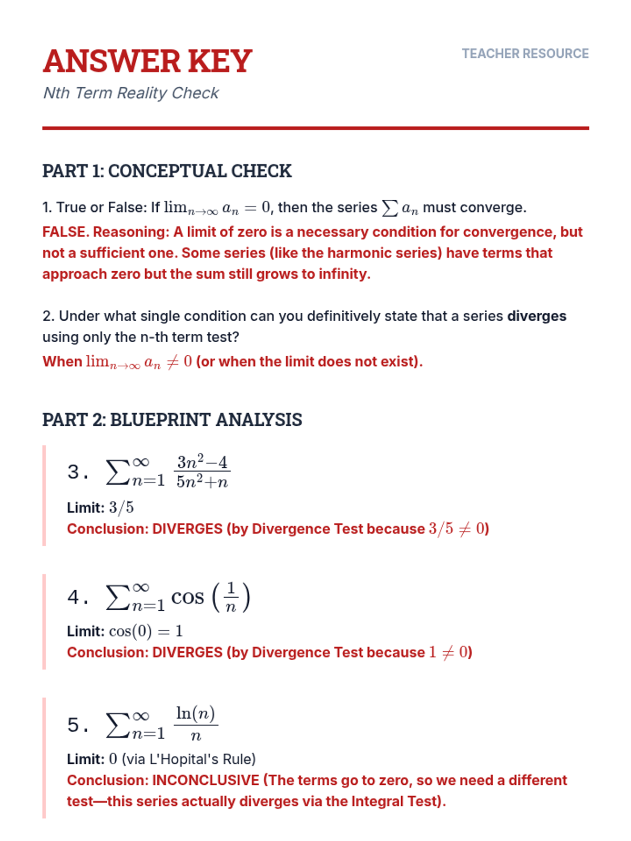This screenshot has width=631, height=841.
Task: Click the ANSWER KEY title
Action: [x=147, y=61]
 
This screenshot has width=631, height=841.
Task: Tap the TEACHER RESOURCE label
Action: [x=525, y=54]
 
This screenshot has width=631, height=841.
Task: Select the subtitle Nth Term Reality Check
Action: [x=130, y=93]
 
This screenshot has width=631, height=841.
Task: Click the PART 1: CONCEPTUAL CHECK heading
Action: [x=167, y=171]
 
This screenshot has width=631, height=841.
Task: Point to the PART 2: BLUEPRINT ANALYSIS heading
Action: [x=172, y=419]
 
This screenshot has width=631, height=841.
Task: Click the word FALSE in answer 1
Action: [x=64, y=232]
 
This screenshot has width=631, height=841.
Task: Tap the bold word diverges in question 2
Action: [x=536, y=316]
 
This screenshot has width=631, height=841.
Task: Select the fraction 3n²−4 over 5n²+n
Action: [x=202, y=471]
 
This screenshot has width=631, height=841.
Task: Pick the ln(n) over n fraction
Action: [x=196, y=723]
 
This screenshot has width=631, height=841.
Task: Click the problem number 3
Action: [x=74, y=471]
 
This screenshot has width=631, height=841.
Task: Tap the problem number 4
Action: [x=74, y=598]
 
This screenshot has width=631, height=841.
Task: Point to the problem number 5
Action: [x=74, y=725]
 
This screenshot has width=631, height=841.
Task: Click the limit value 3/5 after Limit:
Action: [x=121, y=508]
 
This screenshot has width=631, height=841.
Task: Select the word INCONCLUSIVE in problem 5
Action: [x=206, y=780]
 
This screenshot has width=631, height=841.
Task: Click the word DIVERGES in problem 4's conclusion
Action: [x=187, y=652]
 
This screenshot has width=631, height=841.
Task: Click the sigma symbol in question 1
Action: [x=389, y=208]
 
